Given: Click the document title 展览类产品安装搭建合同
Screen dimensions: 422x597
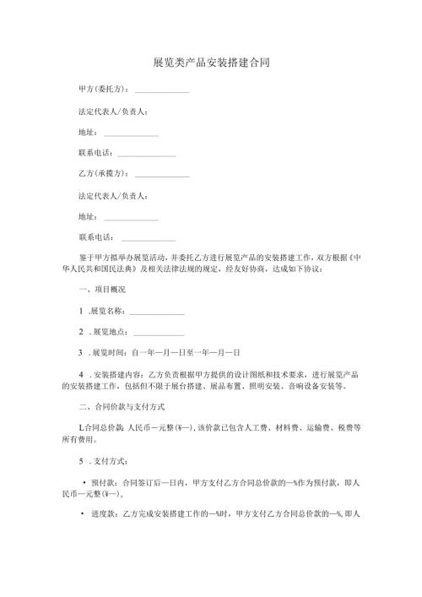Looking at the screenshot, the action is (x=211, y=63).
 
